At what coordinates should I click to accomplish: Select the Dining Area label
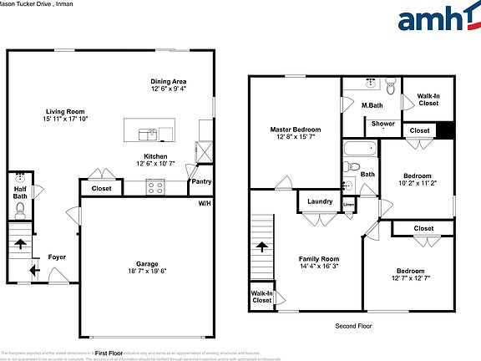(169, 81)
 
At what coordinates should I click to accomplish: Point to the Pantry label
(201, 180)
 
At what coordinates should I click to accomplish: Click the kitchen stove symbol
(155, 189)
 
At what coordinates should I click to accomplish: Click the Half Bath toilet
(21, 208)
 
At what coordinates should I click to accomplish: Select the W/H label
(204, 203)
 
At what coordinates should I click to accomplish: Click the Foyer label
(57, 257)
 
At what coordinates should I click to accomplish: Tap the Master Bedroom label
(294, 130)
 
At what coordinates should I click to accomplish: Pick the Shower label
(383, 124)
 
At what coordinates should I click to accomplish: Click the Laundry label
(320, 201)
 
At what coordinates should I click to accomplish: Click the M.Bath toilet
(390, 84)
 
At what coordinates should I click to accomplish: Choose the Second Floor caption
(352, 325)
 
